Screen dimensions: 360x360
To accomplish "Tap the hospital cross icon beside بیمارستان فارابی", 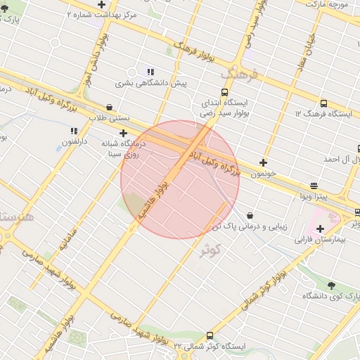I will pyautogui.click(x=321, y=229).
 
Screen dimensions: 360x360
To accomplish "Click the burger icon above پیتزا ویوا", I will pyautogui.click(x=314, y=186).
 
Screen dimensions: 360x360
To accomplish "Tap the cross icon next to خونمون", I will pyautogui.click(x=264, y=162).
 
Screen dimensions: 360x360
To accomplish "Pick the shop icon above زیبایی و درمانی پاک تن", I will pyautogui.click(x=250, y=215).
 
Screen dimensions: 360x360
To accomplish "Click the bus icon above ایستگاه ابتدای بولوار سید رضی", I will pyautogui.click(x=225, y=92).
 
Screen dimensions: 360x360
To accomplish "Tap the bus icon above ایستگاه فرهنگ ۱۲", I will pyautogui.click(x=323, y=103).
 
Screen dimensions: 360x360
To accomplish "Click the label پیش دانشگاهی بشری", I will pyautogui.click(x=150, y=83).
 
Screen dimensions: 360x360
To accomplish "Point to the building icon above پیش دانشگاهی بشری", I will pyautogui.click(x=150, y=72).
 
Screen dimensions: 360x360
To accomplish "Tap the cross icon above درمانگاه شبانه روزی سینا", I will pyautogui.click(x=124, y=132).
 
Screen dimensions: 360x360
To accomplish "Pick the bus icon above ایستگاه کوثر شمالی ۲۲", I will pyautogui.click(x=210, y=335).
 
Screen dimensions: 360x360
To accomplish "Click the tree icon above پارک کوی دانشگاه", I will pyautogui.click(x=332, y=285).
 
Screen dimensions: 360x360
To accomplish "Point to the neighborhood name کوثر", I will pyautogui.click(x=210, y=250).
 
